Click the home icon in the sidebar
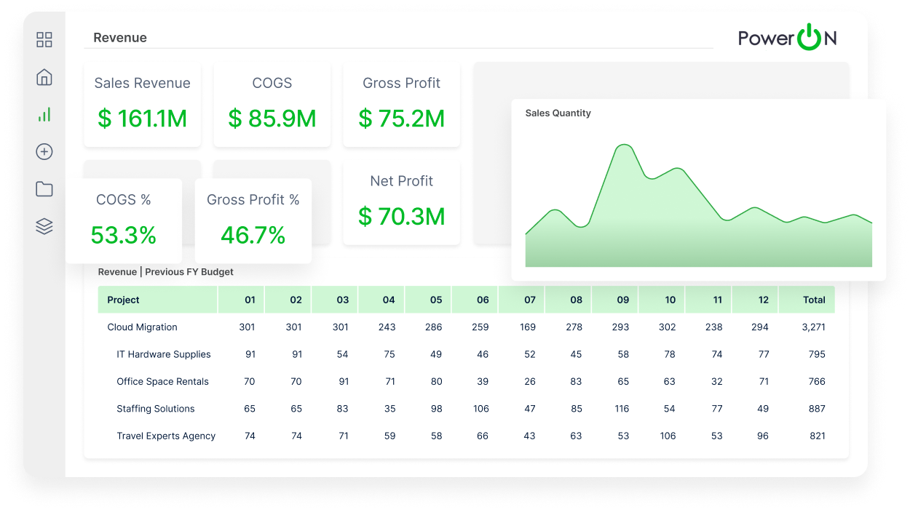point(44,77)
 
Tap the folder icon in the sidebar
point(44,189)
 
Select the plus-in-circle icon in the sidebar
point(44,152)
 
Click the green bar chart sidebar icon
point(44,114)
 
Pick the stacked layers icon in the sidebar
point(44,226)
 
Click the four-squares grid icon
point(44,40)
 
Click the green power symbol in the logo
point(808,37)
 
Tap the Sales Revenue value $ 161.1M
point(142,119)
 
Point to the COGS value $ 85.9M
point(272,119)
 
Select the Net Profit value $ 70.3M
point(401,216)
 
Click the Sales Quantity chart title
point(558,113)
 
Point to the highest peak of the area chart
point(624,145)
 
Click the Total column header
point(814,300)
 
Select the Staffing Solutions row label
point(156,409)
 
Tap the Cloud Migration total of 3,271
point(813,327)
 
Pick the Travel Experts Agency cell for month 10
point(668,436)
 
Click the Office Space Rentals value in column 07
point(530,381)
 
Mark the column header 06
point(483,300)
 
